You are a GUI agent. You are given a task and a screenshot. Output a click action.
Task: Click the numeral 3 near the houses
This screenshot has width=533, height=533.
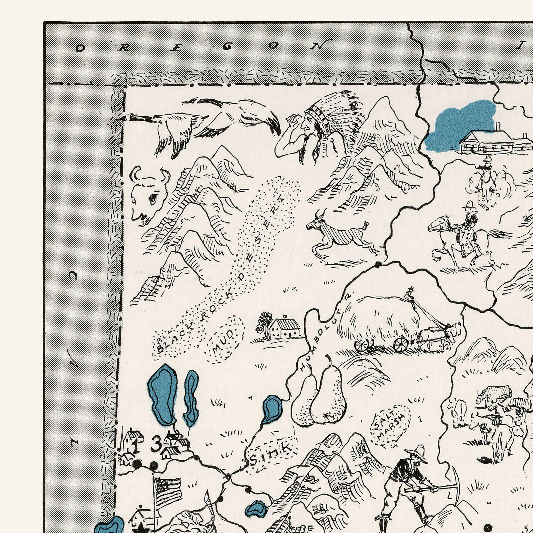coord(156,445)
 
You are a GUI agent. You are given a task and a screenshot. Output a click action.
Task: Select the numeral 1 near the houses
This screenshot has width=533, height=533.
coord(136,446)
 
